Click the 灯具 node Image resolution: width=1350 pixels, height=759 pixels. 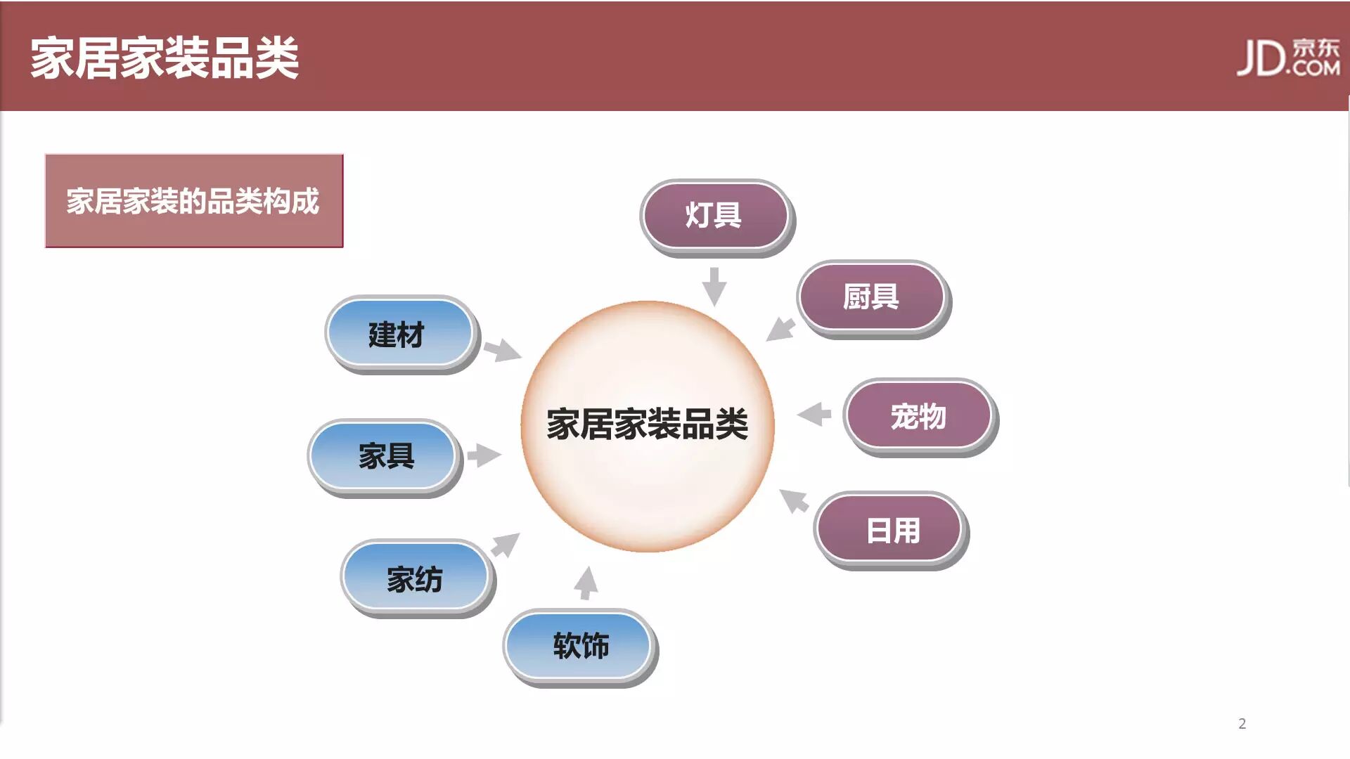pyautogui.click(x=714, y=216)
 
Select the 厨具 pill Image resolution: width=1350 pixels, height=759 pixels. pyautogui.click(x=871, y=297)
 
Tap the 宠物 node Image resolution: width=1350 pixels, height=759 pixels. pyautogui.click(x=918, y=416)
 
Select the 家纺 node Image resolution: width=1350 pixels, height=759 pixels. pyautogui.click(x=415, y=578)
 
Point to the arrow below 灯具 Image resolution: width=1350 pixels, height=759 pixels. pyautogui.click(x=714, y=286)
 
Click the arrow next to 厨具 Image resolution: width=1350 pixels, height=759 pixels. pyautogui.click(x=780, y=329)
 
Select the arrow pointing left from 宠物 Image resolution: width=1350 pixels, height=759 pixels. pyautogui.click(x=814, y=414)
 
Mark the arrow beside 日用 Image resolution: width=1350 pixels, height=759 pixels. pyautogui.click(x=795, y=500)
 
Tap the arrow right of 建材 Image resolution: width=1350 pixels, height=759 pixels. pyautogui.click(x=502, y=349)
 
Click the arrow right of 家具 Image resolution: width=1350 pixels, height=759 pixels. pyautogui.click(x=484, y=455)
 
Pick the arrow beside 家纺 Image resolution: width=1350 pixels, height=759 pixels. pyautogui.click(x=505, y=545)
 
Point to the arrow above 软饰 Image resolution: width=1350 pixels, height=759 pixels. pyautogui.click(x=586, y=583)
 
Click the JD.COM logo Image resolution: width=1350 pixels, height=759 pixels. pyautogui.click(x=1288, y=58)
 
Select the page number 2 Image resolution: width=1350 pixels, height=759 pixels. pyautogui.click(x=1242, y=724)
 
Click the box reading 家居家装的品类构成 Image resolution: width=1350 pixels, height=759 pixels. pyautogui.click(x=194, y=201)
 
